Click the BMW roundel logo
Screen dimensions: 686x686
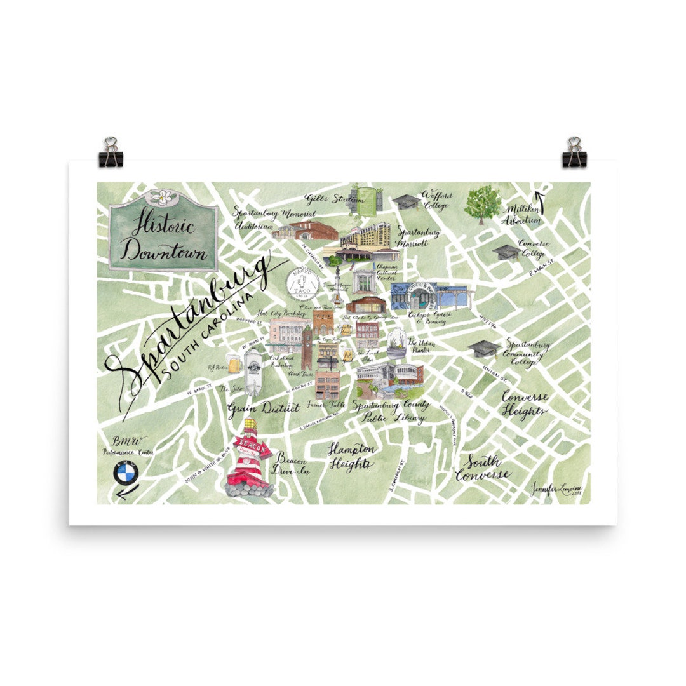click(x=126, y=473)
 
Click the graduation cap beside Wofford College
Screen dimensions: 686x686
click(x=405, y=202)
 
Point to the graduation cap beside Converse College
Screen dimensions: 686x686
click(x=506, y=252)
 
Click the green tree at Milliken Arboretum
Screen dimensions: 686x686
click(x=482, y=205)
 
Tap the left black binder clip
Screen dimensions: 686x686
click(x=111, y=153)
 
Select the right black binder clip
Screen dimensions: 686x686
click(x=574, y=153)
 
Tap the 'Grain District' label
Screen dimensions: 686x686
click(x=263, y=408)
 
